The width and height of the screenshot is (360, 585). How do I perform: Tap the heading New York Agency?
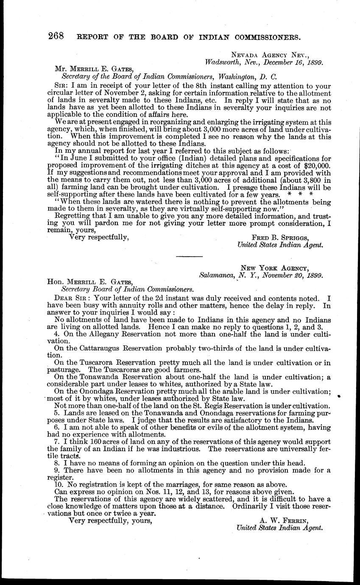[x=275, y=268]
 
